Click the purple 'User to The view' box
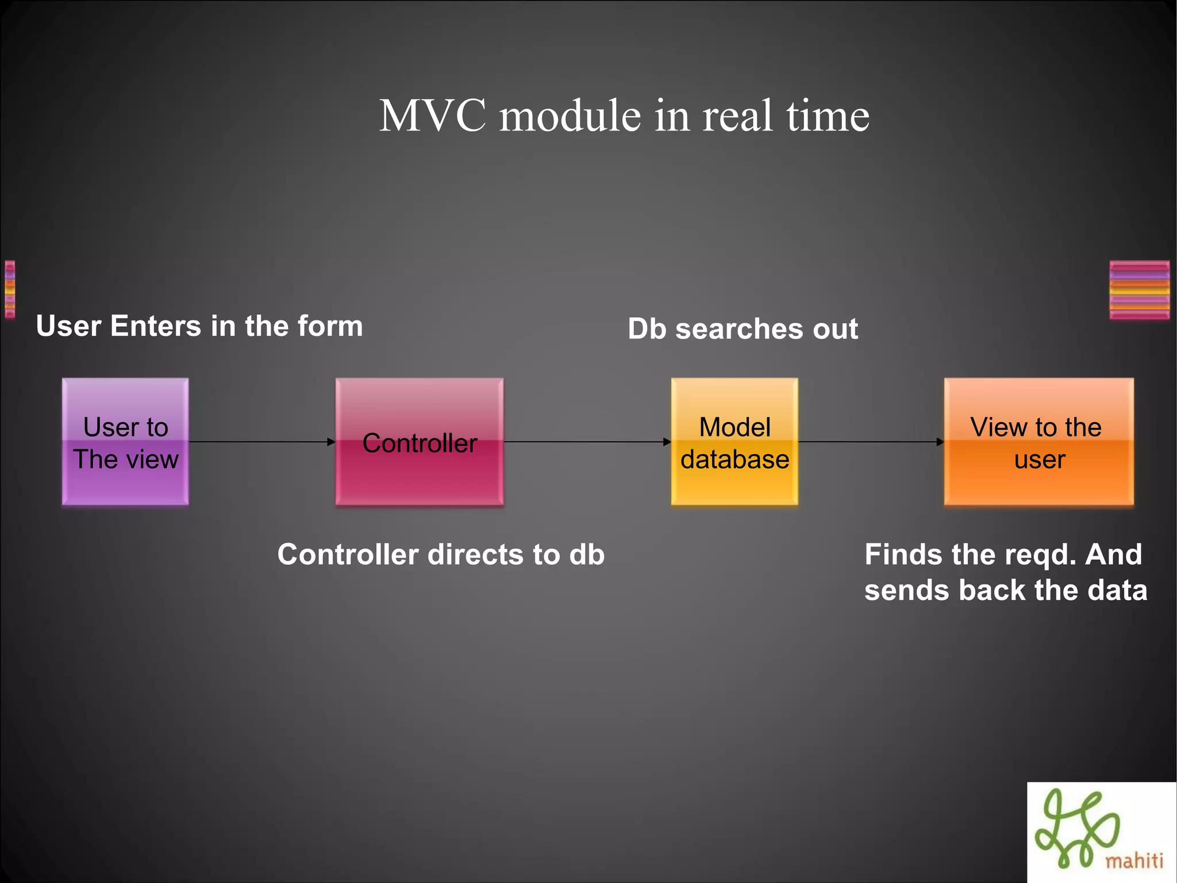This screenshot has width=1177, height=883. [x=125, y=442]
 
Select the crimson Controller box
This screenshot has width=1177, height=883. [x=420, y=442]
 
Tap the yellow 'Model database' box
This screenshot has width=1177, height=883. [x=734, y=442]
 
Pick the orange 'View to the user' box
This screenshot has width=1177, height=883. [x=1038, y=442]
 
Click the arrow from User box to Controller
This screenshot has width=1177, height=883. [x=261, y=442]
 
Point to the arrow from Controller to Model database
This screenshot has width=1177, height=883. [x=586, y=442]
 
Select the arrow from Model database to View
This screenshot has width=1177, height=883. [x=871, y=442]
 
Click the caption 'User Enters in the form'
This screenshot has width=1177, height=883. [x=199, y=326]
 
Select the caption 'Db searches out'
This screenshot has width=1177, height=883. [x=743, y=329]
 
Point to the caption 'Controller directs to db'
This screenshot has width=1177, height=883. [x=441, y=555]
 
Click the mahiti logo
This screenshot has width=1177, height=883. [x=1101, y=832]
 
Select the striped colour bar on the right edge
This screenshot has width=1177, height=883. [x=1139, y=290]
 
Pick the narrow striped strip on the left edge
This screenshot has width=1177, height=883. [x=10, y=289]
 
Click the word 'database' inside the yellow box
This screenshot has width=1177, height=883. [x=734, y=460]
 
